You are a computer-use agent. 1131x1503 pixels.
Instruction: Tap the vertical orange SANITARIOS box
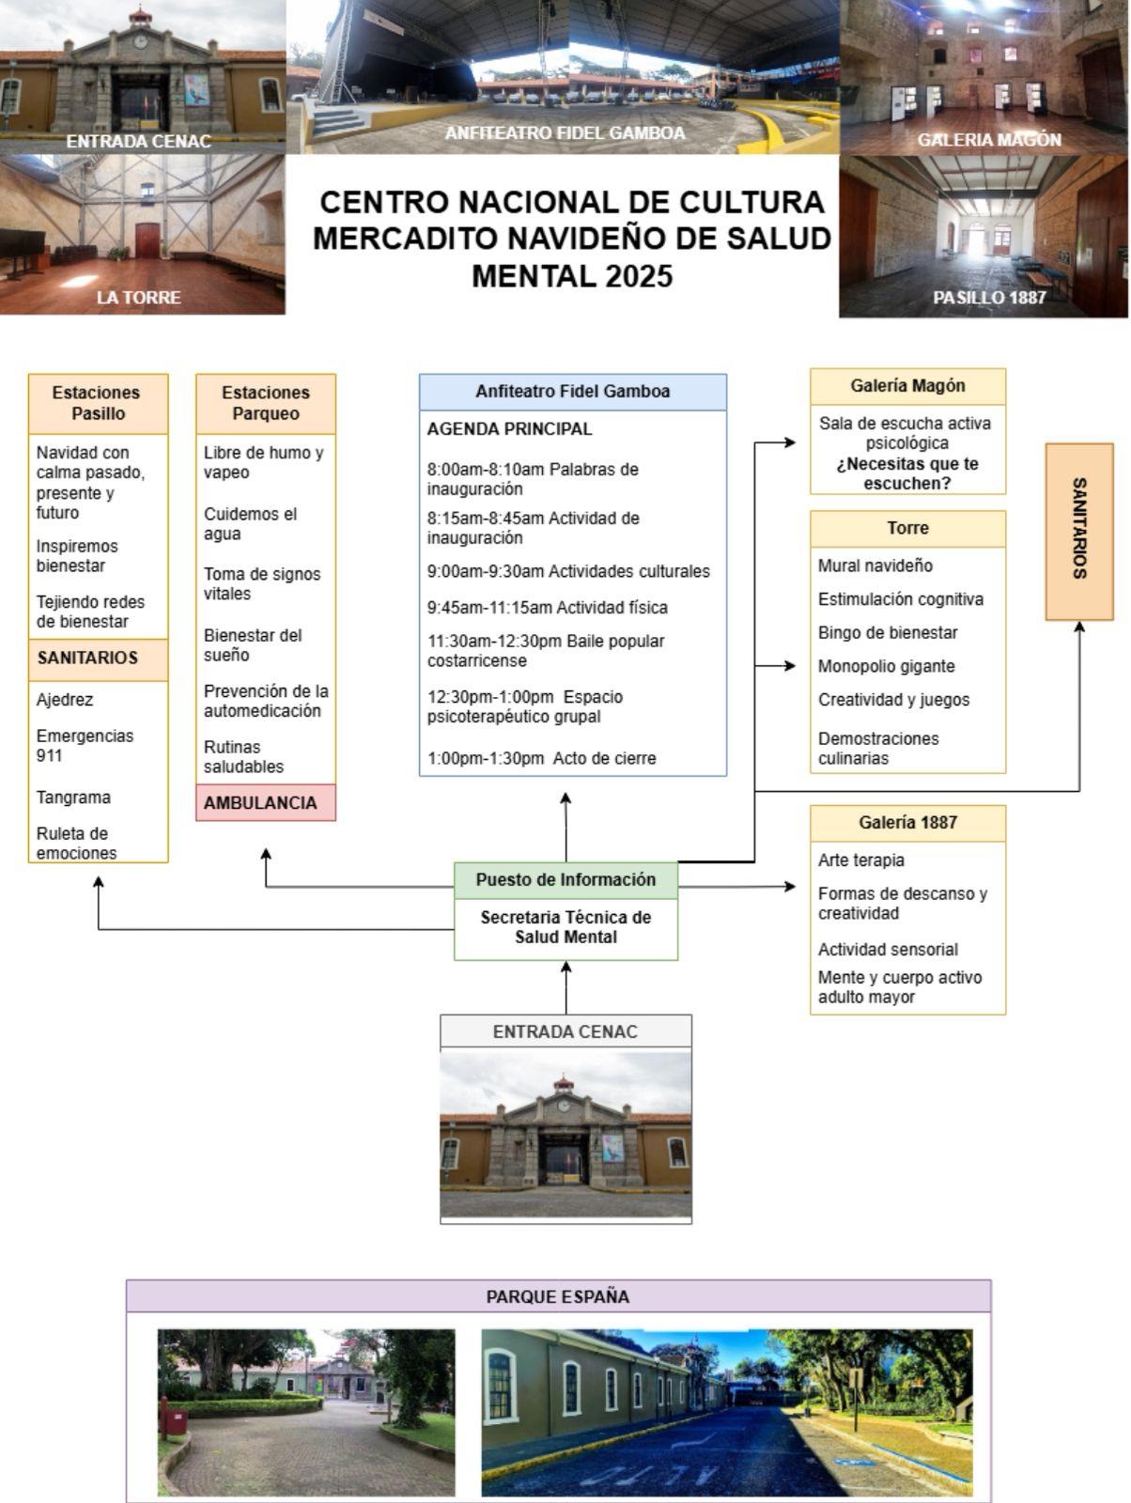1079,531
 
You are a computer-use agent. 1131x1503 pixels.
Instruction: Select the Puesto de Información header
565,880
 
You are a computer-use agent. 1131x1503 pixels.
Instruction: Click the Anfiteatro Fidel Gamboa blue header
572,392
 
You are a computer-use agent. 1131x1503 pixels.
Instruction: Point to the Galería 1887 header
907,823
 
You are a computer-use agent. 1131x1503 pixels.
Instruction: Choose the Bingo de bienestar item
888,633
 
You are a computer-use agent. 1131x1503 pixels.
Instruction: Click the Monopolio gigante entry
886,667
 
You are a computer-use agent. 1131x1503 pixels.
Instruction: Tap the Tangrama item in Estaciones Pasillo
73,798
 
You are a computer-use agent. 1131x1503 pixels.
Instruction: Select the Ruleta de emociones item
76,844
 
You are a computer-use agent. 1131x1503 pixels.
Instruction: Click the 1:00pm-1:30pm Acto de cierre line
541,759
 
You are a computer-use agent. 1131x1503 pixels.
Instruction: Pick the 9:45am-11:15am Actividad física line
547,608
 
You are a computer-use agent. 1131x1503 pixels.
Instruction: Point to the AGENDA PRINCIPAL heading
509,429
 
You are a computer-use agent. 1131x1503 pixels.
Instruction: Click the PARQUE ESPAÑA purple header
558,1297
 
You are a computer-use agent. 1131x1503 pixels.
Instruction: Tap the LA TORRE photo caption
139,298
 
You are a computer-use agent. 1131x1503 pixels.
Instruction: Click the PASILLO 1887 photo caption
989,298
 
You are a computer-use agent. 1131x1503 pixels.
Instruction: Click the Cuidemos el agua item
250,524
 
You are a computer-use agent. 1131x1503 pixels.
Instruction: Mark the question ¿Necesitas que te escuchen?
907,474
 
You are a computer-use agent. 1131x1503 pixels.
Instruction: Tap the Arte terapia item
861,860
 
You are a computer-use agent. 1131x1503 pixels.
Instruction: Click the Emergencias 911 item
85,746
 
